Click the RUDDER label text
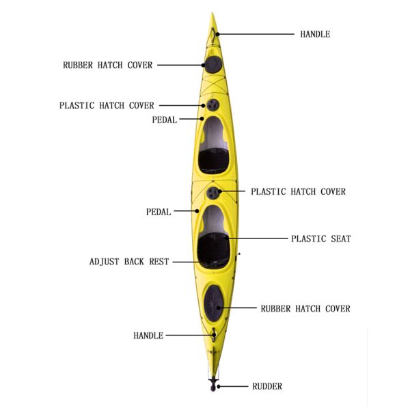click(266, 387)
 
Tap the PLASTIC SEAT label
click(320, 238)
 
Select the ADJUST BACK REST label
click(129, 262)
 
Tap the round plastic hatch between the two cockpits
click(215, 193)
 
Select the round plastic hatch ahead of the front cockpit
click(214, 105)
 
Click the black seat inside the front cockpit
click(213, 161)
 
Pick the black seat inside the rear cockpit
click(213, 247)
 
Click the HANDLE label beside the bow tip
click(315, 34)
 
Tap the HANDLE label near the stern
click(148, 336)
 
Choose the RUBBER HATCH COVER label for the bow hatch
click(108, 66)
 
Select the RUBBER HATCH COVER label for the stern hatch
click(305, 309)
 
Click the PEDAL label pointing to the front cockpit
click(165, 120)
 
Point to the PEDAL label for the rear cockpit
click(159, 212)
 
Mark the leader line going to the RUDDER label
click(234, 387)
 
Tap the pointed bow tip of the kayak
click(213, 15)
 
